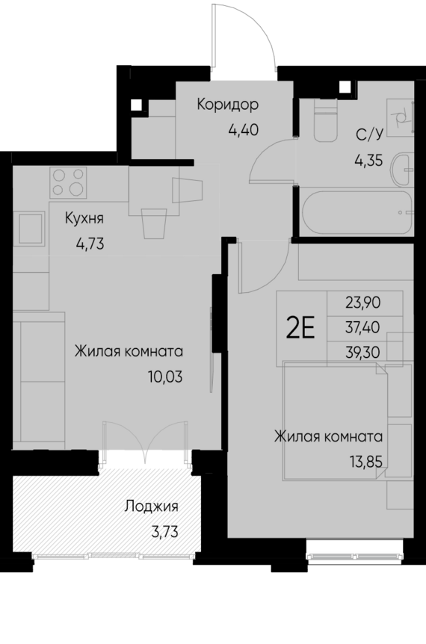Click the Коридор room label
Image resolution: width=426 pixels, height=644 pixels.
(x=228, y=104)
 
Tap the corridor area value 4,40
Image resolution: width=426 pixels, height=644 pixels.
(x=243, y=128)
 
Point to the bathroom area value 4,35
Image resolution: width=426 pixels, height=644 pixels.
(x=368, y=158)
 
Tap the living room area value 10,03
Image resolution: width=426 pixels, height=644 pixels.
(x=167, y=376)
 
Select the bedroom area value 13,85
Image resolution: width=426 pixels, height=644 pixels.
(x=367, y=461)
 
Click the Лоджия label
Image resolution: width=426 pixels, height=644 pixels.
(x=152, y=507)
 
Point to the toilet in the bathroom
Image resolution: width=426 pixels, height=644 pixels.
(x=327, y=123)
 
